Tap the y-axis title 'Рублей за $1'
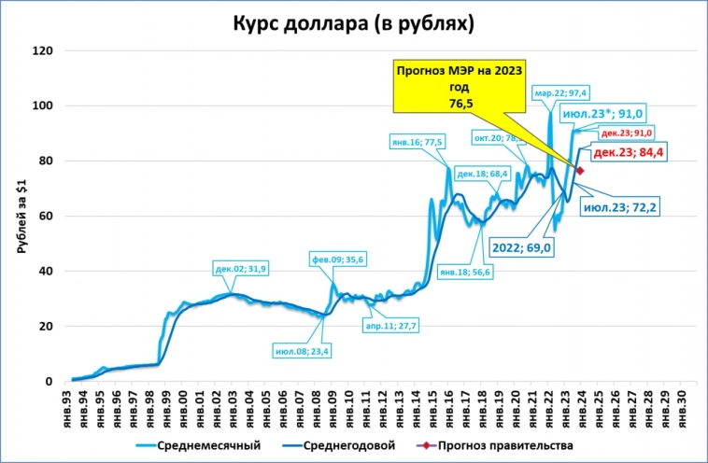(21, 217)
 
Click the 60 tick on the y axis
(43, 217)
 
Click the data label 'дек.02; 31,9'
(242, 269)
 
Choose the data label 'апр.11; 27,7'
(390, 326)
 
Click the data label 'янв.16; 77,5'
(418, 141)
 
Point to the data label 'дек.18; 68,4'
(482, 174)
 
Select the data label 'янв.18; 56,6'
(465, 272)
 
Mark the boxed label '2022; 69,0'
(521, 248)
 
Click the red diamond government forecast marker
(580, 171)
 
